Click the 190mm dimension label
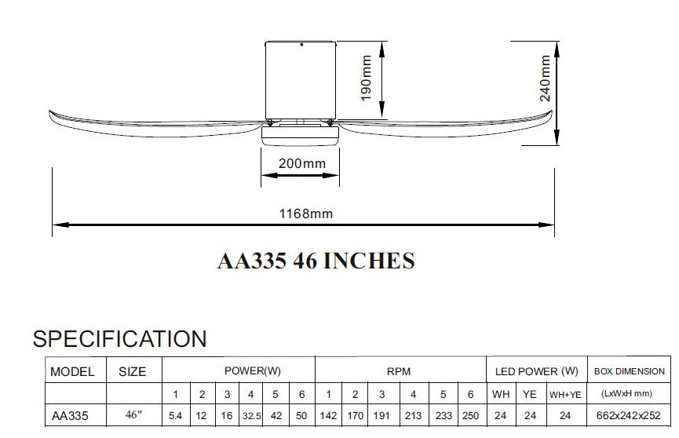point(367,78)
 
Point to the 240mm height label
point(546,78)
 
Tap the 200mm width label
point(302,163)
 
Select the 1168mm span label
point(305,214)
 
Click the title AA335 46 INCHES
point(316,261)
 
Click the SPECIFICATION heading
point(120,339)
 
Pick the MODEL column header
point(72,372)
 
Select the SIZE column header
point(133,372)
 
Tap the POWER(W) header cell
point(253,370)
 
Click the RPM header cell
point(399,371)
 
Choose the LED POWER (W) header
point(537,371)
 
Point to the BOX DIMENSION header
point(630,371)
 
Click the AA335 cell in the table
point(70,416)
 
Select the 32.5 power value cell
point(252,416)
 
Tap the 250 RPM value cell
point(470,416)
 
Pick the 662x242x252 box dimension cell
point(628,416)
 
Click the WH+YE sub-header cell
point(565,395)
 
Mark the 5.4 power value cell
point(175,416)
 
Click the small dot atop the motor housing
point(301,45)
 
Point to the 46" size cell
point(133,414)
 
